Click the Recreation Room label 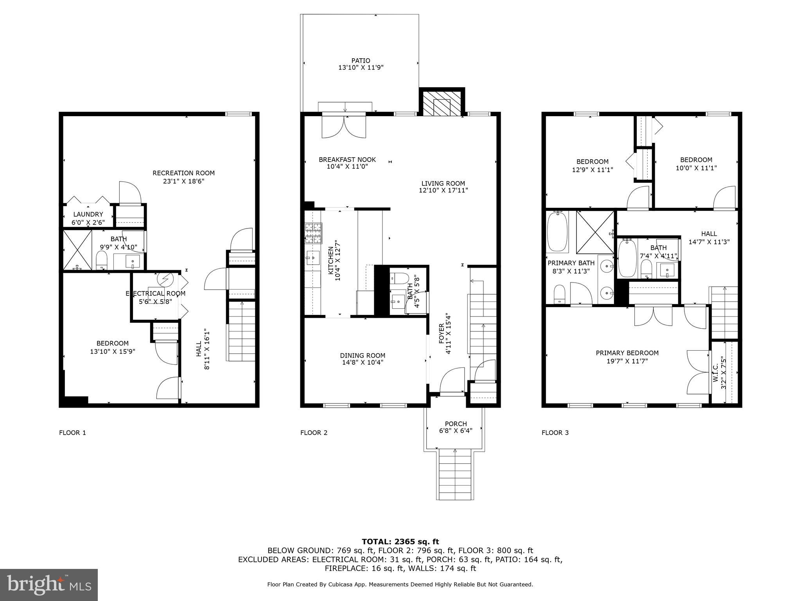pos(183,173)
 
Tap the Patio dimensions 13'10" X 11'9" pos(361,68)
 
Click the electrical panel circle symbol pos(165,279)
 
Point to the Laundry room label pos(88,214)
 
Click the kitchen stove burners pos(314,233)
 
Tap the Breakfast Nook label pos(347,160)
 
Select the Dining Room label pos(362,355)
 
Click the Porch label pos(456,424)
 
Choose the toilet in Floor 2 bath pos(399,278)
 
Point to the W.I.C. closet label pos(715,374)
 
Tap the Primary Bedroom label pos(627,353)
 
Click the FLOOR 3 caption pos(555,433)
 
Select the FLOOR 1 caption pos(72,433)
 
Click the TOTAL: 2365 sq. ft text pos(400,542)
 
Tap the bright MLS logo pos(49,585)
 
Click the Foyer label pos(442,333)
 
